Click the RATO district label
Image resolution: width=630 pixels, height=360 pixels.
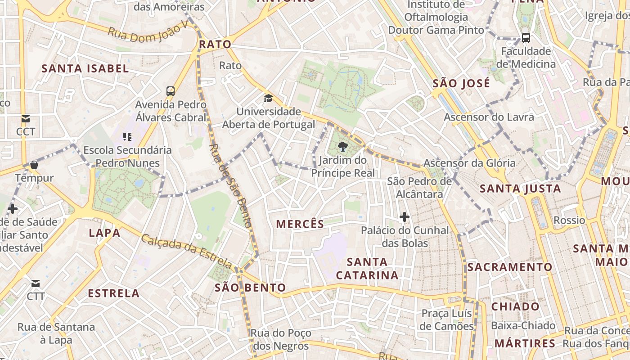tap(215, 44)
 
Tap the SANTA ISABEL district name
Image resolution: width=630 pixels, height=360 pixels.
tap(85, 69)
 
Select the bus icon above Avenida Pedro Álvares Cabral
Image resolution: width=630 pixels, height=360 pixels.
tap(171, 91)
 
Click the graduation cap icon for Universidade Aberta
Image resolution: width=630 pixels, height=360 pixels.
tap(268, 98)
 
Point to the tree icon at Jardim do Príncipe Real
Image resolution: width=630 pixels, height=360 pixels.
tap(343, 146)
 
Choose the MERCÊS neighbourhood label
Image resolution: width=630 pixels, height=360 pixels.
tap(300, 224)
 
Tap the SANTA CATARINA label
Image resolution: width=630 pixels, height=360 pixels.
tap(367, 268)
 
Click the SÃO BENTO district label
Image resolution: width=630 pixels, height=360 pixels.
tap(250, 288)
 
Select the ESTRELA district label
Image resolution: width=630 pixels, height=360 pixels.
tap(114, 293)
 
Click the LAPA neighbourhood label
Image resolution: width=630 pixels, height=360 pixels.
tap(104, 233)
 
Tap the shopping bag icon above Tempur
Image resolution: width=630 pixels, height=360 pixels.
tap(34, 165)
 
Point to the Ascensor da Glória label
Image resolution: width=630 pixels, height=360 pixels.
tap(470, 163)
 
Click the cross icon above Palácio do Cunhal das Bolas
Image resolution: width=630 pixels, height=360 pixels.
tap(405, 217)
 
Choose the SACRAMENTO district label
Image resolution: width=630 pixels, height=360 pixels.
tap(509, 267)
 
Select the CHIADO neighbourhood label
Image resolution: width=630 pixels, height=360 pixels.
tap(515, 306)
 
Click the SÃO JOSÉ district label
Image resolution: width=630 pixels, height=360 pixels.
tap(461, 83)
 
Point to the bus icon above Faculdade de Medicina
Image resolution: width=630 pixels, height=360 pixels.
tap(526, 38)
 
